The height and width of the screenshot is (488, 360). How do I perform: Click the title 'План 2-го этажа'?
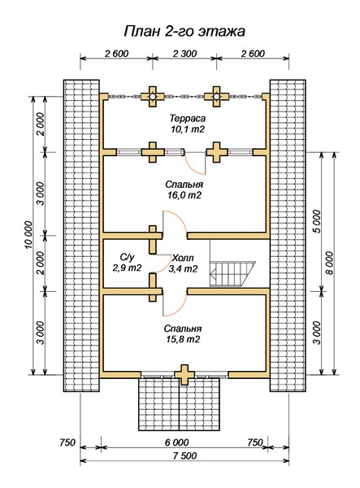coord(184,31)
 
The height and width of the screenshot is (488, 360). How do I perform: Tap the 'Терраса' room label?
coord(188,118)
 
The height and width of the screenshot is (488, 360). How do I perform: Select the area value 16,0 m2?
coord(184,195)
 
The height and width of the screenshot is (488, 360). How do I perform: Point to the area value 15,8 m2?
coord(183,339)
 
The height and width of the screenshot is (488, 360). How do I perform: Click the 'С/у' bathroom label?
coord(127,257)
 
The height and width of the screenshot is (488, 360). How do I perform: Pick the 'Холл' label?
coord(183,258)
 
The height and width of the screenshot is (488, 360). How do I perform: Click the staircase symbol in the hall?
coord(232,274)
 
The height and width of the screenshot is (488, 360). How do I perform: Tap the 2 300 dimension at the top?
coord(184,54)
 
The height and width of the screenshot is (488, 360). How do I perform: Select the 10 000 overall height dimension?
coord(28,235)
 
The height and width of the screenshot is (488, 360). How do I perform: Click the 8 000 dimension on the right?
coord(330,264)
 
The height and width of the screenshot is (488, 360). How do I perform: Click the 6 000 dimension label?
coord(176,442)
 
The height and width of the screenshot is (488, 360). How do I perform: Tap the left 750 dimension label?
coord(67,442)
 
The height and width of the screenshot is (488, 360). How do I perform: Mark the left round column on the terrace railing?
coord(152,97)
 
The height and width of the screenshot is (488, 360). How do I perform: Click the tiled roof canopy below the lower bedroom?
coord(180,404)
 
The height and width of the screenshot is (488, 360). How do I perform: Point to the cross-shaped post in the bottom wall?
coord(184,375)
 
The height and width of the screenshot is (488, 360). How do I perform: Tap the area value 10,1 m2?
coord(188,129)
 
